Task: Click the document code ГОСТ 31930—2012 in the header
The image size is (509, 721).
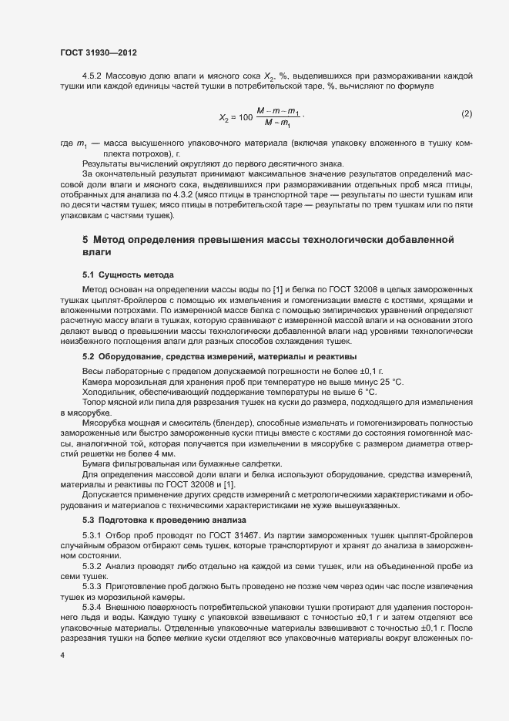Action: click(99, 52)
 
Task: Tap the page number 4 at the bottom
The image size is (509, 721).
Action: click(62, 654)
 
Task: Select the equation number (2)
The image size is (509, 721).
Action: click(466, 114)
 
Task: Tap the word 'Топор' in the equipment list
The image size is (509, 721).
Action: click(93, 403)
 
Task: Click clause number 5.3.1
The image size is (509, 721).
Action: click(93, 534)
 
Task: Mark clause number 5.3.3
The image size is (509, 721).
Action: click(93, 585)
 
